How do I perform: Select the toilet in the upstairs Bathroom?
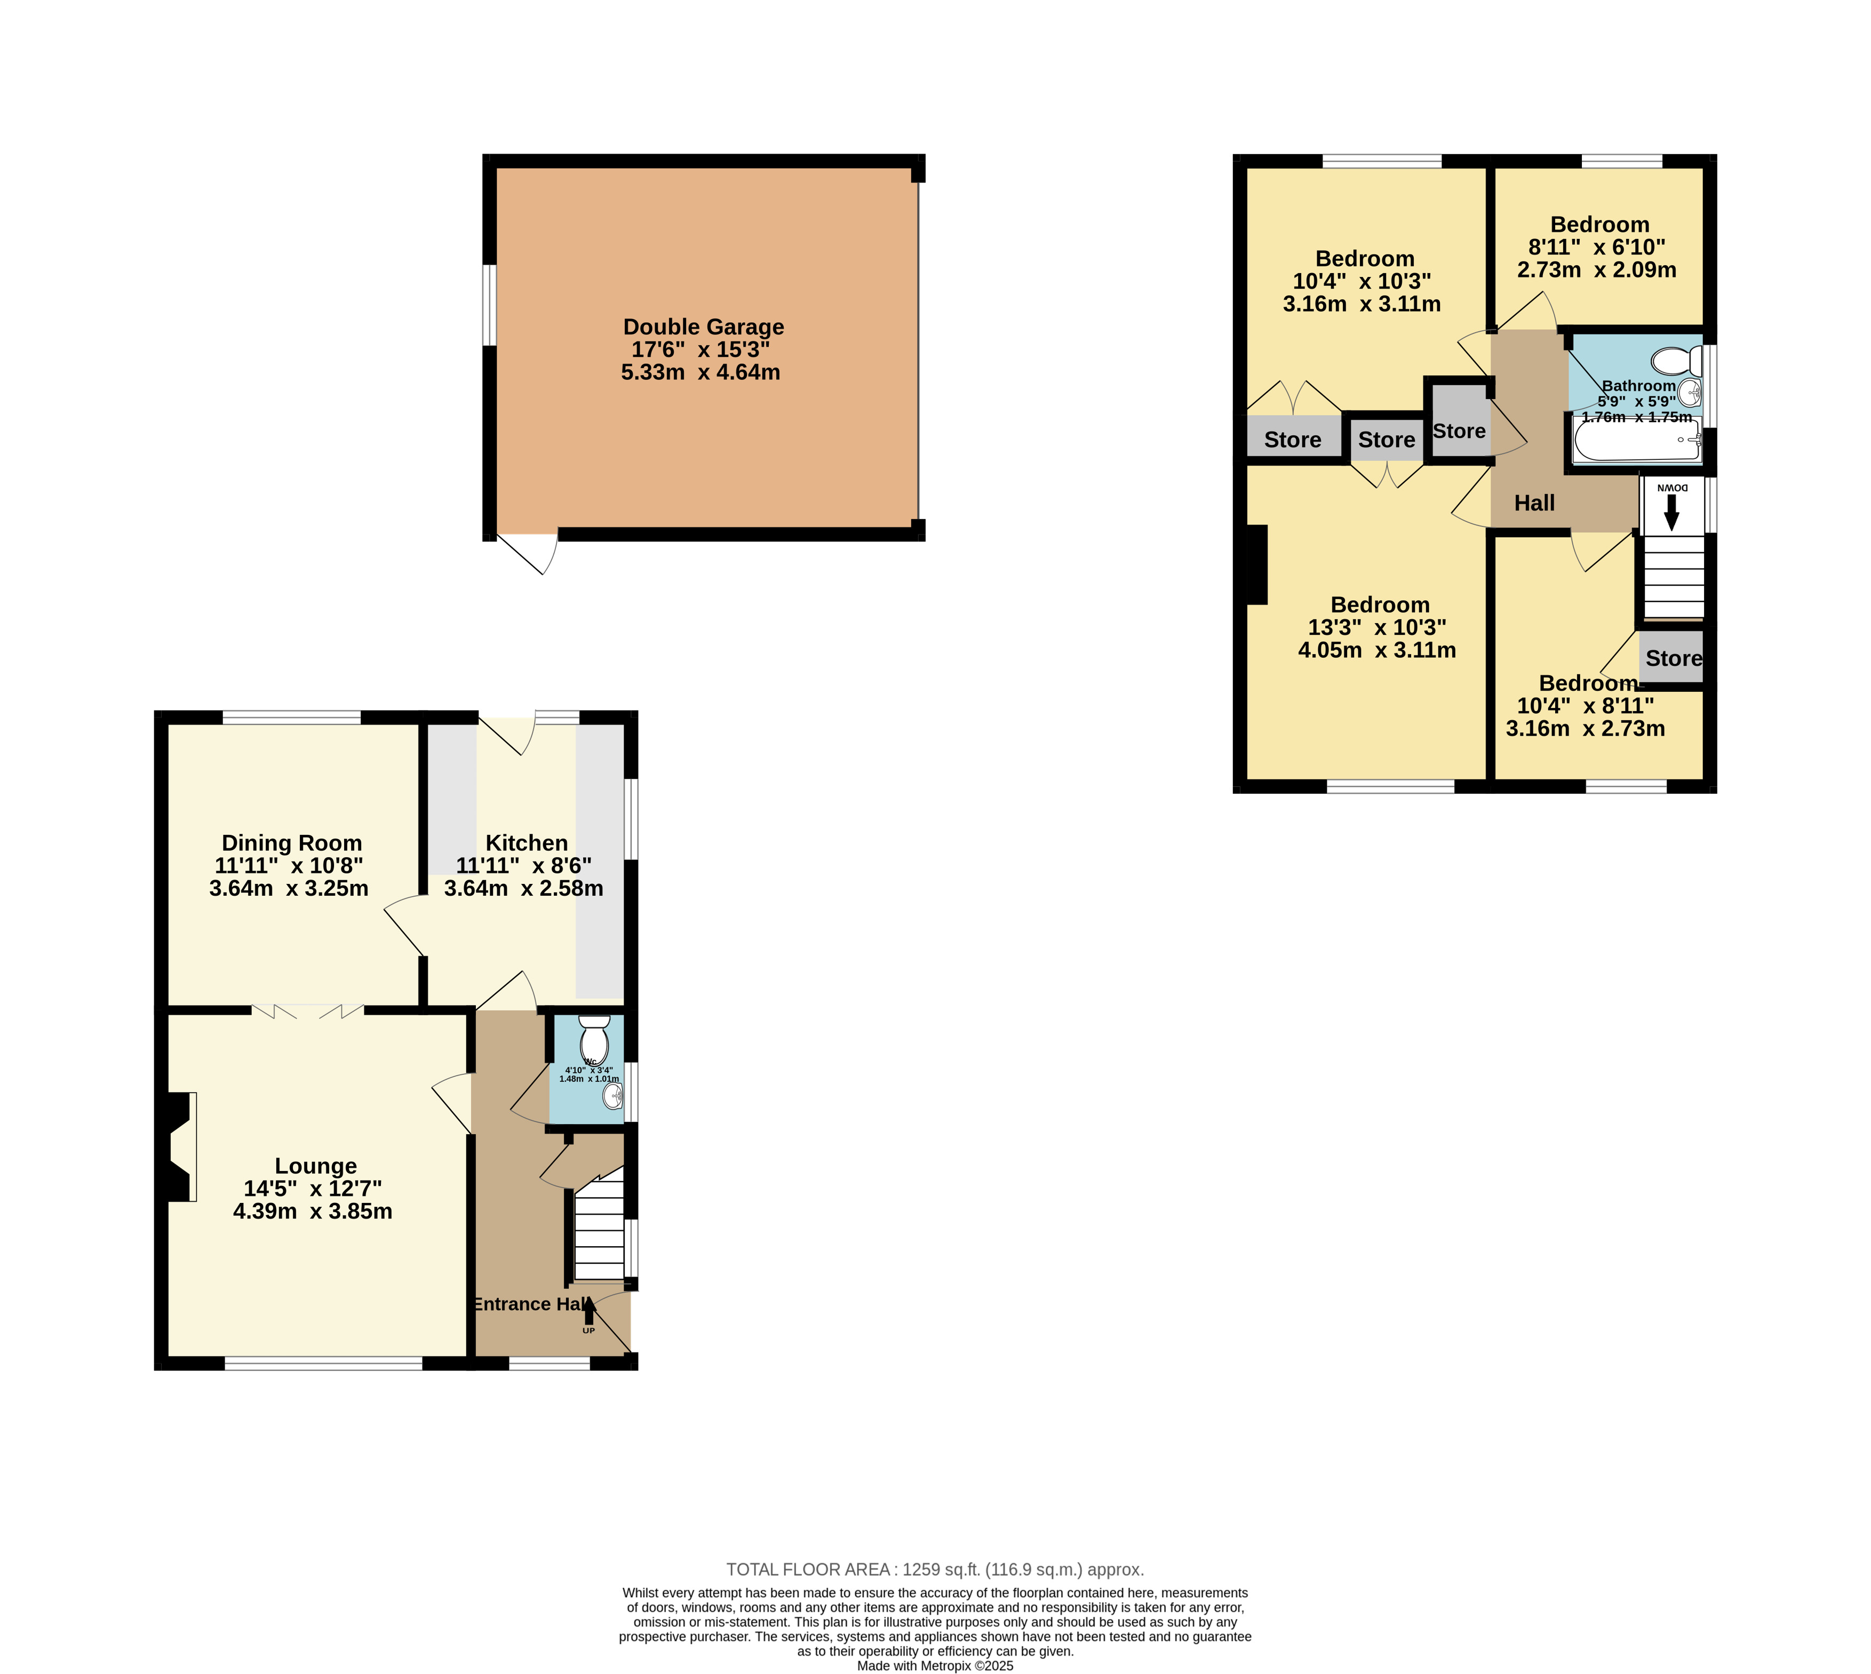click(1676, 361)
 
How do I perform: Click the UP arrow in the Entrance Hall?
click(588, 1311)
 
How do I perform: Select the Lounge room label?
click(315, 1166)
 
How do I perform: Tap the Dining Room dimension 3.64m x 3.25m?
click(289, 889)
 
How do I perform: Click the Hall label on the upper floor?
click(1534, 503)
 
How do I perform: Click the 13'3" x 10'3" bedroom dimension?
click(1377, 627)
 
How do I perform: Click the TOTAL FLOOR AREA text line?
click(935, 1569)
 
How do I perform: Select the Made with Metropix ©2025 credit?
click(935, 1665)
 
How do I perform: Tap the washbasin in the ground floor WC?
click(612, 1095)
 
